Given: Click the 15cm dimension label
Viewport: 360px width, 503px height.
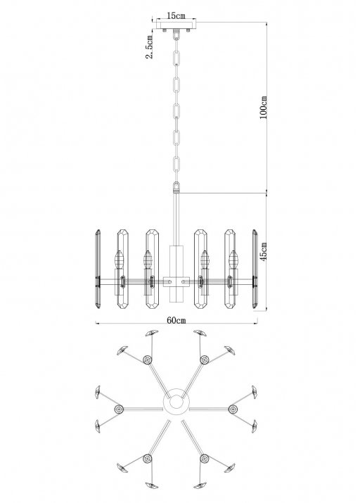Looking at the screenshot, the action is pyautogui.click(x=176, y=15).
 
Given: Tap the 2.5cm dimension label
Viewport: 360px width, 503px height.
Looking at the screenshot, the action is pyautogui.click(x=149, y=46).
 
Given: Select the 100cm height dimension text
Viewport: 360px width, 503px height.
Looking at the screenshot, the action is pyautogui.click(x=263, y=107).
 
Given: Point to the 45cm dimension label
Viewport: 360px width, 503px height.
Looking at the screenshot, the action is pyautogui.click(x=263, y=251).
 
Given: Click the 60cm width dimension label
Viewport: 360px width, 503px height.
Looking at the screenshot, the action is pyautogui.click(x=176, y=320).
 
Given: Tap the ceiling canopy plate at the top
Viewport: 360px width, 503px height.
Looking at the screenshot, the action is pyautogui.click(x=176, y=25).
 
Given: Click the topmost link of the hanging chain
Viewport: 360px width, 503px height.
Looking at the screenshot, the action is pyautogui.click(x=176, y=35).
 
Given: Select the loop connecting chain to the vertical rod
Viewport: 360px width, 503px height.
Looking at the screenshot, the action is pyautogui.click(x=176, y=186).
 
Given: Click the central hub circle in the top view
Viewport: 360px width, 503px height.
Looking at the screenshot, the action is pyautogui.click(x=176, y=402).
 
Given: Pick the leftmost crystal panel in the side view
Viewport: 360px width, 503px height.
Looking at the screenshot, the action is pyautogui.click(x=98, y=269).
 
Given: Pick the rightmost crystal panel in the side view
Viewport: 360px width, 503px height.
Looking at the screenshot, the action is pyautogui.click(x=255, y=269).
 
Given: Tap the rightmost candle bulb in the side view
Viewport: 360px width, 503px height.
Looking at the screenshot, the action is pyautogui.click(x=233, y=259).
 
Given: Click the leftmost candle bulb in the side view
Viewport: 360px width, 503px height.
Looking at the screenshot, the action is pyautogui.click(x=120, y=259).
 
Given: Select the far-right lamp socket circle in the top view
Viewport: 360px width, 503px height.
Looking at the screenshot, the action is pyautogui.click(x=233, y=409).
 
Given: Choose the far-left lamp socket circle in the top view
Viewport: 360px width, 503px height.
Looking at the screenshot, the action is pyautogui.click(x=119, y=409).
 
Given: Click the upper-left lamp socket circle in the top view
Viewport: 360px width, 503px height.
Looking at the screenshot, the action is pyautogui.click(x=148, y=359).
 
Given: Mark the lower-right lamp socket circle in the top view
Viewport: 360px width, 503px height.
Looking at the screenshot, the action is pyautogui.click(x=205, y=459).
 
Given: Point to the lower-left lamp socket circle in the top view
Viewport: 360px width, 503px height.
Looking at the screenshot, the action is pyautogui.click(x=148, y=459).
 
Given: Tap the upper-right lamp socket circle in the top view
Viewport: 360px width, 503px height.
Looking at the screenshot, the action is pyautogui.click(x=205, y=359).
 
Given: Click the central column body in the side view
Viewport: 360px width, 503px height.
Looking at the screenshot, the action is pyautogui.click(x=176, y=274).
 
